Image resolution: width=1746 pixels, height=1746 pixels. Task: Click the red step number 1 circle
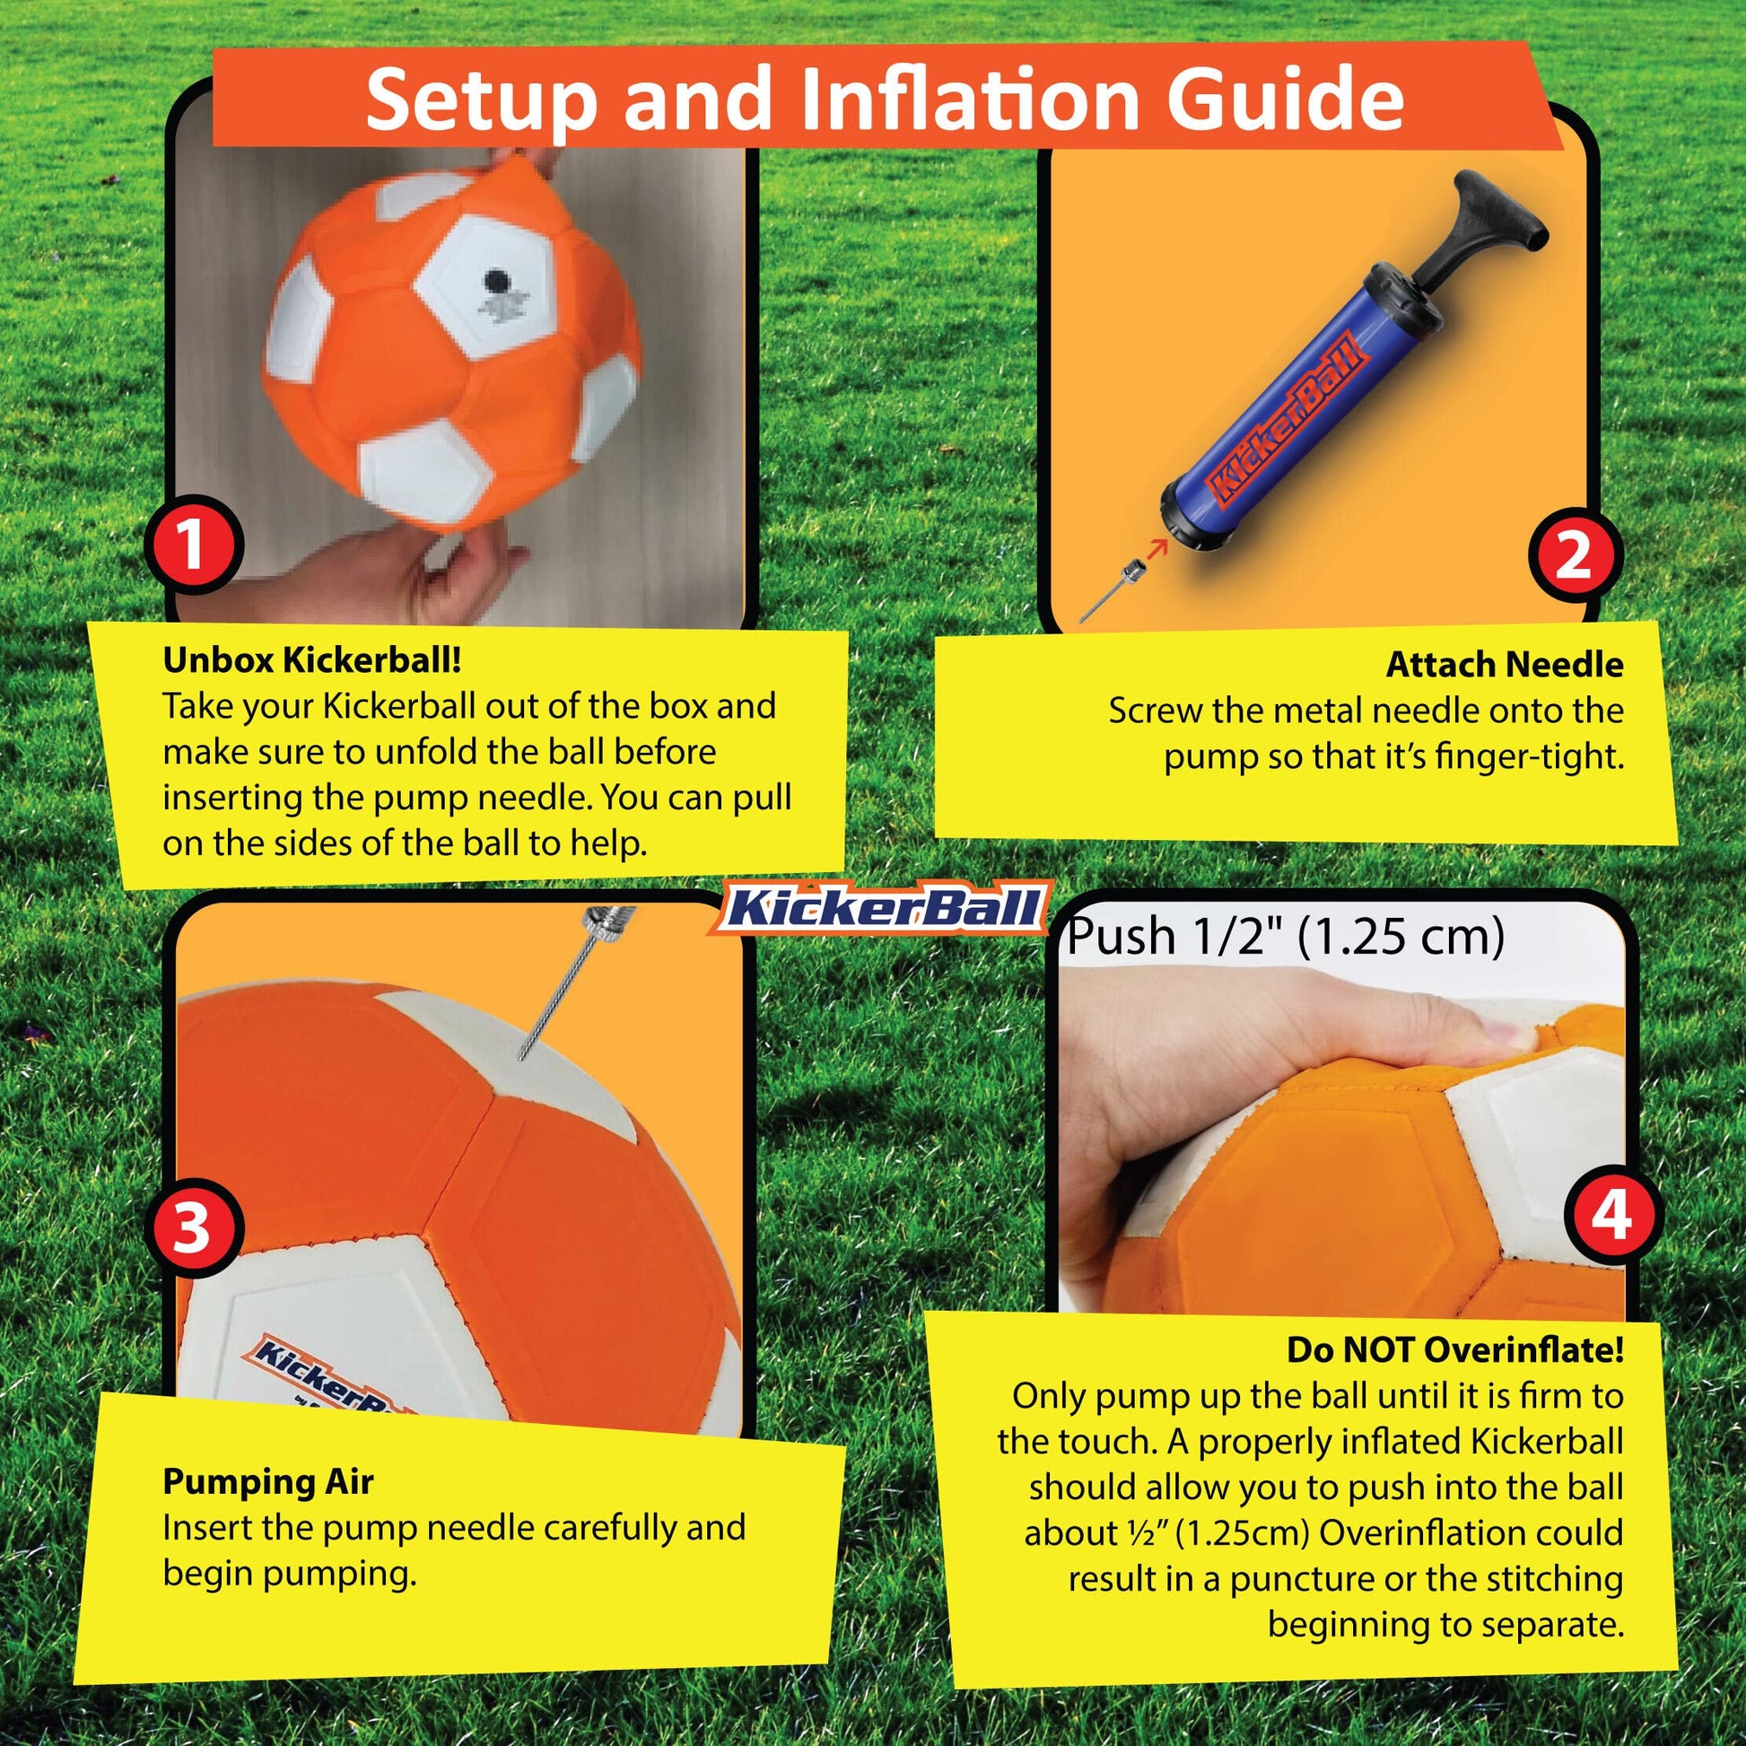[x=192, y=546]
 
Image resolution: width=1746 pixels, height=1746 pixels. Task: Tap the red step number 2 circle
[x=1574, y=554]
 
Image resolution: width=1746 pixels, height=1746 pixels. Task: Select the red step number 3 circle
[x=192, y=1229]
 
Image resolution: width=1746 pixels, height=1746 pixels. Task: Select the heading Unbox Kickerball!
[x=313, y=660]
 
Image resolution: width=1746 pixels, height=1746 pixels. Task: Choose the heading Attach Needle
[x=1505, y=665]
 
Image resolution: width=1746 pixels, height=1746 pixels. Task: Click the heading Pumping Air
[x=267, y=1481]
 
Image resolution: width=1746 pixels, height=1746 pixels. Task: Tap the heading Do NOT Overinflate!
[x=1455, y=1350]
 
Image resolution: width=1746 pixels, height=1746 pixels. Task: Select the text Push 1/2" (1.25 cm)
[x=1285, y=938]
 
